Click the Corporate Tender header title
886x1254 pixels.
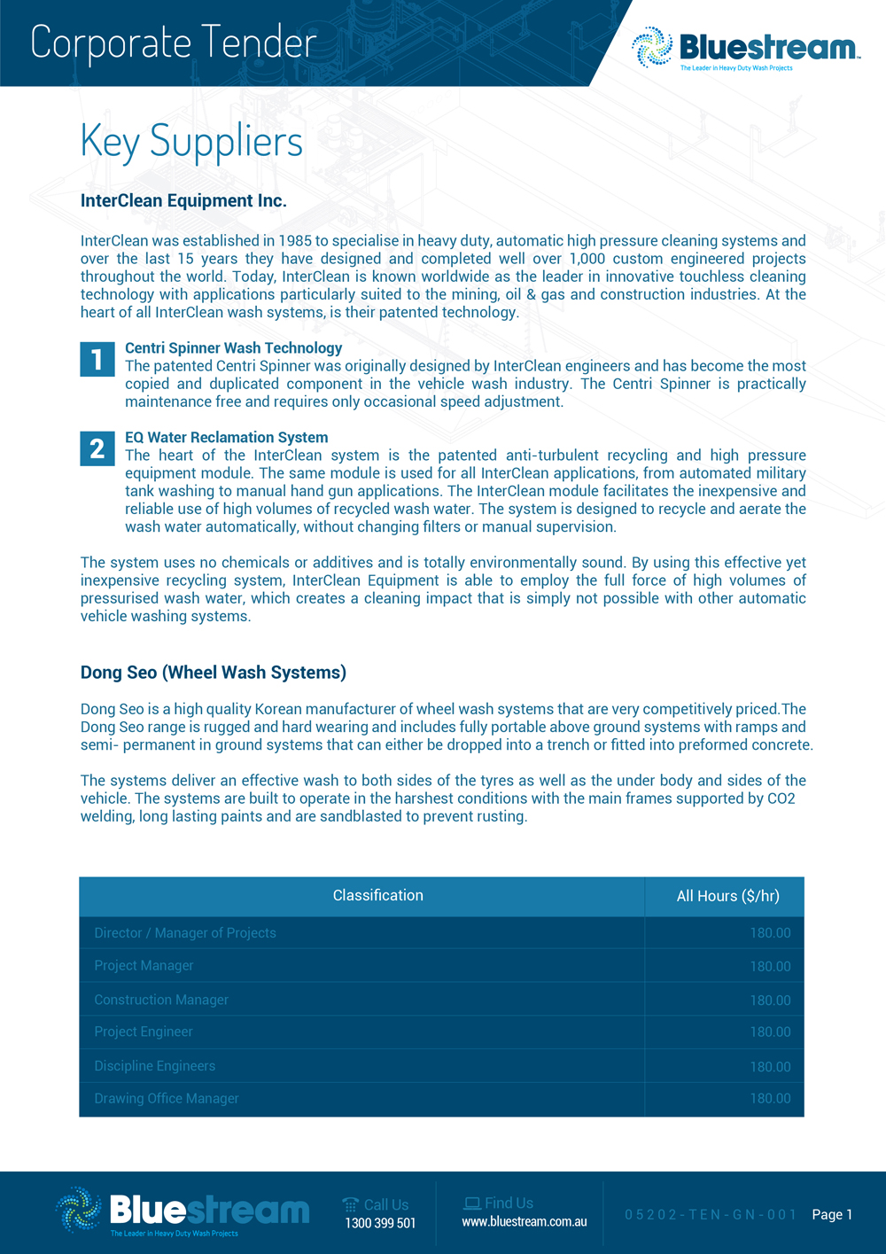(x=174, y=43)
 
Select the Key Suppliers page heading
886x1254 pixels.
(x=191, y=141)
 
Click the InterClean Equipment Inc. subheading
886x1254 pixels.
(x=183, y=201)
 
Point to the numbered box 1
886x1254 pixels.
(x=97, y=360)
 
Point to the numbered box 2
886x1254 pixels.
(x=97, y=449)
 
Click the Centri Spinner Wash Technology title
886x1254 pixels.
(x=233, y=348)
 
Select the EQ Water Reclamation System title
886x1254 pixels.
(x=226, y=438)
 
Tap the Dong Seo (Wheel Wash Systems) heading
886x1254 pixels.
(x=213, y=673)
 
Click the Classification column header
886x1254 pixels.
(x=377, y=896)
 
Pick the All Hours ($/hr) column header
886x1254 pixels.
(x=727, y=897)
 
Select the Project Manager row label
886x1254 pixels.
(x=144, y=966)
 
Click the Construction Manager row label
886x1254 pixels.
(x=161, y=1000)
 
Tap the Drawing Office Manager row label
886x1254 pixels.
(x=167, y=1099)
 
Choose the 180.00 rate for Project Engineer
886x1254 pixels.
(x=770, y=1032)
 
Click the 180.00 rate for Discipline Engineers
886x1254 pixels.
(x=770, y=1067)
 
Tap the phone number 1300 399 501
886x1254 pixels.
(x=380, y=1224)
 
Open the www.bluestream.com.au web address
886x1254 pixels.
(x=524, y=1222)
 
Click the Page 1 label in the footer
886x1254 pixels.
(x=832, y=1215)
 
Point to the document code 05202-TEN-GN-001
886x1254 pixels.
(x=711, y=1215)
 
